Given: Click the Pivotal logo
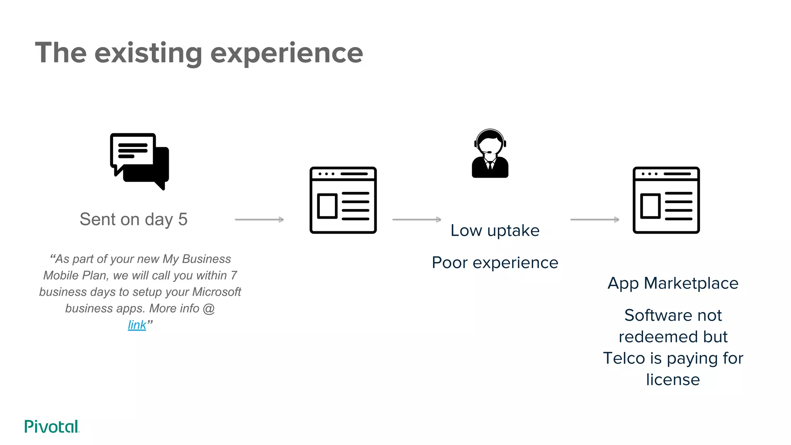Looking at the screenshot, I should pyautogui.click(x=52, y=426).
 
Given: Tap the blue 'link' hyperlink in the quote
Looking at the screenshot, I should pyautogui.click(x=137, y=325).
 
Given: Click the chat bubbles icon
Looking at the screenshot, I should pyautogui.click(x=139, y=161).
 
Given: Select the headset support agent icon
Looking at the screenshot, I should pyautogui.click(x=490, y=154).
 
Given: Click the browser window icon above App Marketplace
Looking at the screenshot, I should pyautogui.click(x=666, y=200).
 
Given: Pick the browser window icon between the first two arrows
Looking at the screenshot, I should pyautogui.click(x=343, y=200).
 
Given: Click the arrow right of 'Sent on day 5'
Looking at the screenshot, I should pyautogui.click(x=259, y=219).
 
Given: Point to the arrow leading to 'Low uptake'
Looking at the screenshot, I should pyautogui.click(x=416, y=219).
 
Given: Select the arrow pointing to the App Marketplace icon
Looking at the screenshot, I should pyautogui.click(x=594, y=219).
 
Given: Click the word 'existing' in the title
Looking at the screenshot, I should pyautogui.click(x=148, y=53).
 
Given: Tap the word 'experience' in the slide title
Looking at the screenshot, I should pyautogui.click(x=287, y=53).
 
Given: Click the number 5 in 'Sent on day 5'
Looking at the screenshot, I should pyautogui.click(x=183, y=219).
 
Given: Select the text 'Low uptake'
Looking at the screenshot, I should pyautogui.click(x=495, y=231).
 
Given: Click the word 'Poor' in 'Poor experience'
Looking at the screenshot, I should pyautogui.click(x=449, y=263).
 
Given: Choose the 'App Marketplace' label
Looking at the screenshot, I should pyautogui.click(x=673, y=283).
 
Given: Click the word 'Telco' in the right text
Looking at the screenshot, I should pyautogui.click(x=624, y=358).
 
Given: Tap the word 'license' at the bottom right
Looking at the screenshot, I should pyautogui.click(x=673, y=380).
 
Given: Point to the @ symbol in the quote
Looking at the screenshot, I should pyautogui.click(x=209, y=308).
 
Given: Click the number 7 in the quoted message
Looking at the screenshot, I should pyautogui.click(x=234, y=275).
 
